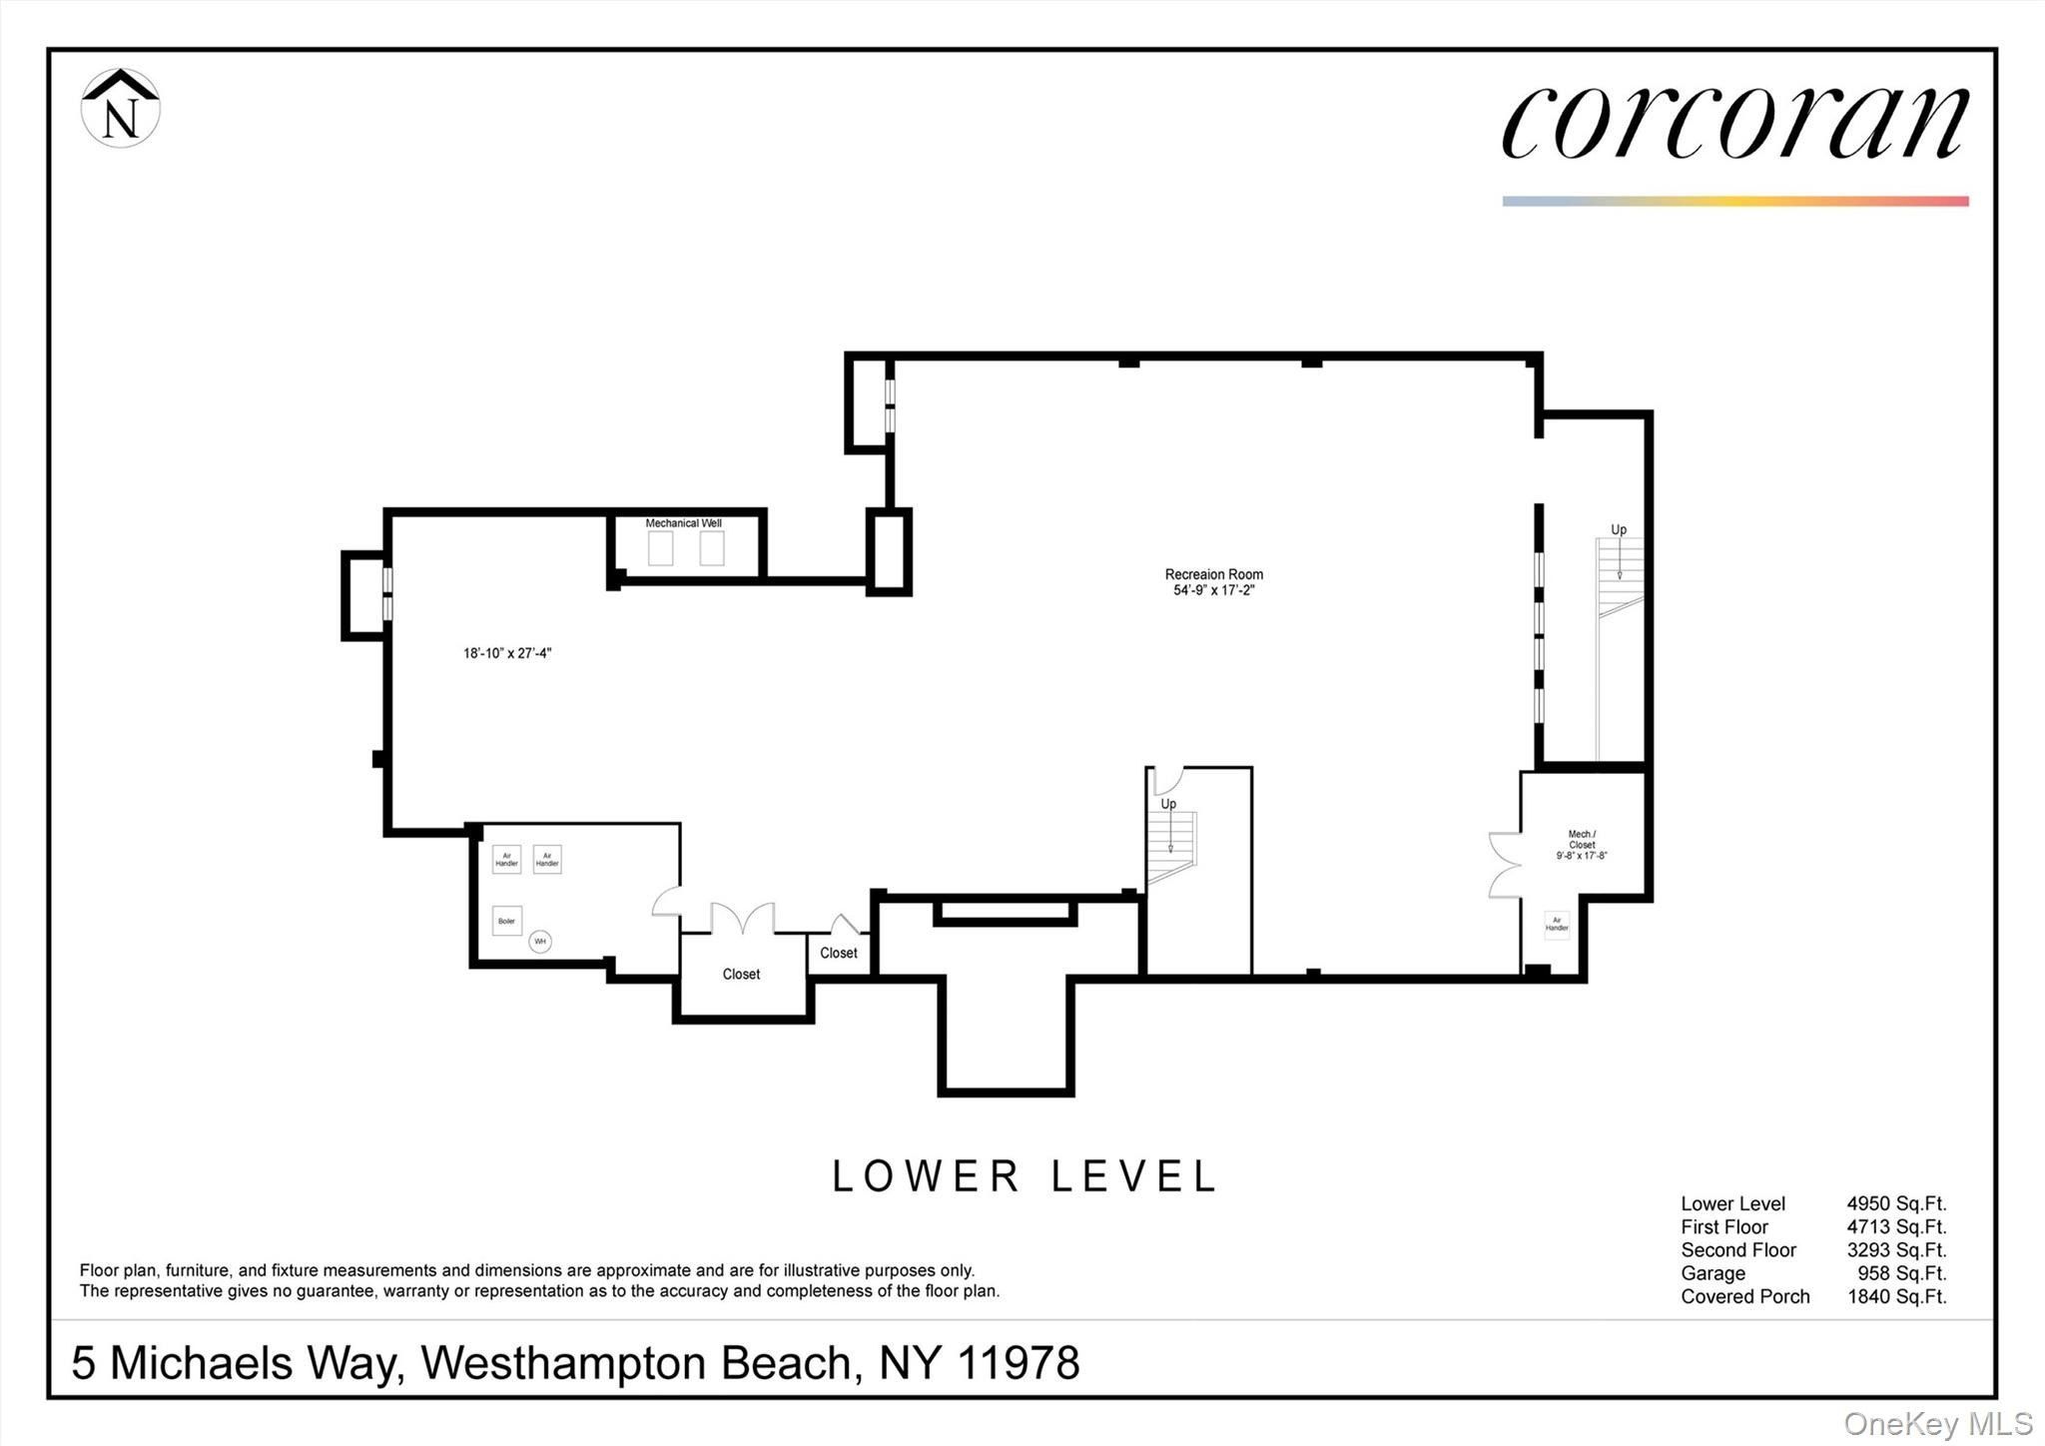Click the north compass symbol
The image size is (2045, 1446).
click(x=120, y=109)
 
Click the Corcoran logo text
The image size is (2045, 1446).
click(x=1734, y=123)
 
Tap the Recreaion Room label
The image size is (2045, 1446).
click(x=1213, y=574)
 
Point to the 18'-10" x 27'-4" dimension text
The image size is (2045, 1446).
click(x=507, y=654)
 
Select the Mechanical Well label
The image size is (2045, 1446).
click(x=683, y=523)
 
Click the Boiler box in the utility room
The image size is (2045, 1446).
click(x=507, y=921)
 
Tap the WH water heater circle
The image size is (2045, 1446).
click(x=540, y=941)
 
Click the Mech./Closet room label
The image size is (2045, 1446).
click(x=1582, y=844)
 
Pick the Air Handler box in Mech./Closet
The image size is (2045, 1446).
click(x=1557, y=925)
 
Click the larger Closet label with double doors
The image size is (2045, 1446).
click(x=741, y=975)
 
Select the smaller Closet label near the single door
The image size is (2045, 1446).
click(x=839, y=954)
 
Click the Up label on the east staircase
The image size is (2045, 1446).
click(x=1619, y=530)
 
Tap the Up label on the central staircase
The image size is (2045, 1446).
click(x=1168, y=804)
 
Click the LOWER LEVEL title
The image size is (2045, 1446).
click(x=1024, y=1176)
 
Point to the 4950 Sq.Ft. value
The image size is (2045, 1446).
click(x=1896, y=1204)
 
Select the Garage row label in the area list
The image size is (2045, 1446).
click(x=1712, y=1273)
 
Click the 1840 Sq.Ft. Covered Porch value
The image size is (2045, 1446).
click(x=1896, y=1296)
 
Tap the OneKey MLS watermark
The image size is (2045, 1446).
click(x=1937, y=1423)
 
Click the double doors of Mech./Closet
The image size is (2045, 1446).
click(x=1503, y=865)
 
